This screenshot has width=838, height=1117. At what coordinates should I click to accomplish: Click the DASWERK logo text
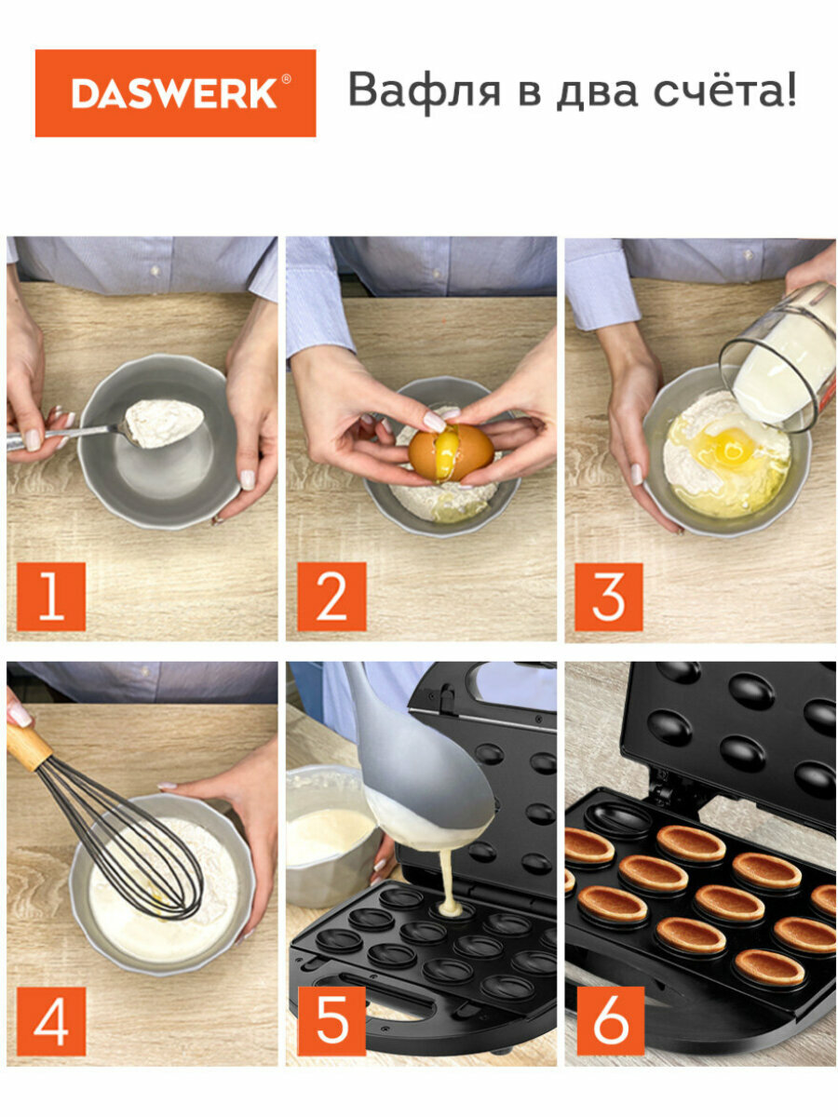point(174,93)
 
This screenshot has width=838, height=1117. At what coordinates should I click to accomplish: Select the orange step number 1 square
point(51,597)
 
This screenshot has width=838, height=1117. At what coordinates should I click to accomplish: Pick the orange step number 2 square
point(331,597)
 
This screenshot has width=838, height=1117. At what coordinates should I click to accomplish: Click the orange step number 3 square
point(609,597)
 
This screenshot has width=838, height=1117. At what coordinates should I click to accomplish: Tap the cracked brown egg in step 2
point(452,453)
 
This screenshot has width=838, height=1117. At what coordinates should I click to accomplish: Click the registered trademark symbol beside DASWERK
point(286,79)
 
